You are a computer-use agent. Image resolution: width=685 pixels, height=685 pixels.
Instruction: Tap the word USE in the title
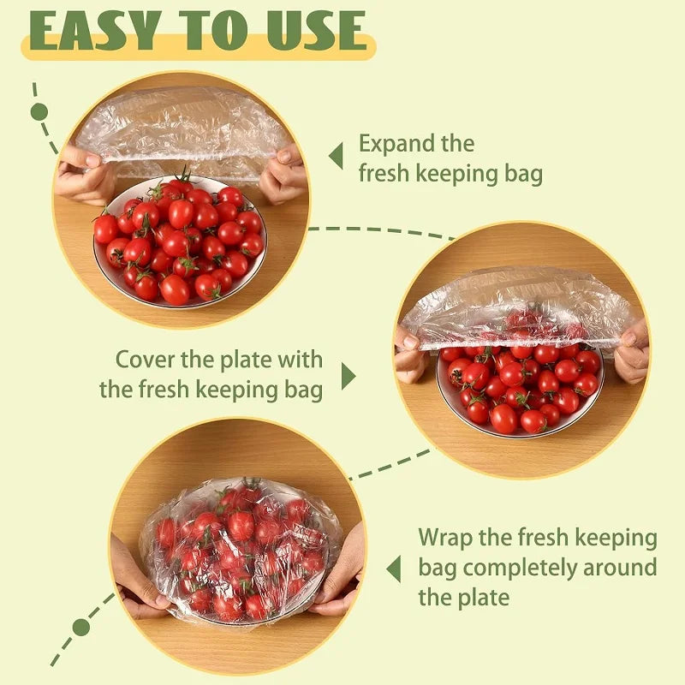(313, 30)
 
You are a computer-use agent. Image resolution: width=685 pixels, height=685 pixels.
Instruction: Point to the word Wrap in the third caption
(444, 539)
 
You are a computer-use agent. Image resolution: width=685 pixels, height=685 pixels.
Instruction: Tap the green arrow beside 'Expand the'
(336, 157)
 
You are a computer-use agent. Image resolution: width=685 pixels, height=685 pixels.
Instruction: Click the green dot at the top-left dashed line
(39, 111)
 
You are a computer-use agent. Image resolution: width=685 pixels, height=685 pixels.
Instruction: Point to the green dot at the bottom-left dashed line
(80, 627)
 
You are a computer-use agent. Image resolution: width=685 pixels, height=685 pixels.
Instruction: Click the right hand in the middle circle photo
(632, 351)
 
